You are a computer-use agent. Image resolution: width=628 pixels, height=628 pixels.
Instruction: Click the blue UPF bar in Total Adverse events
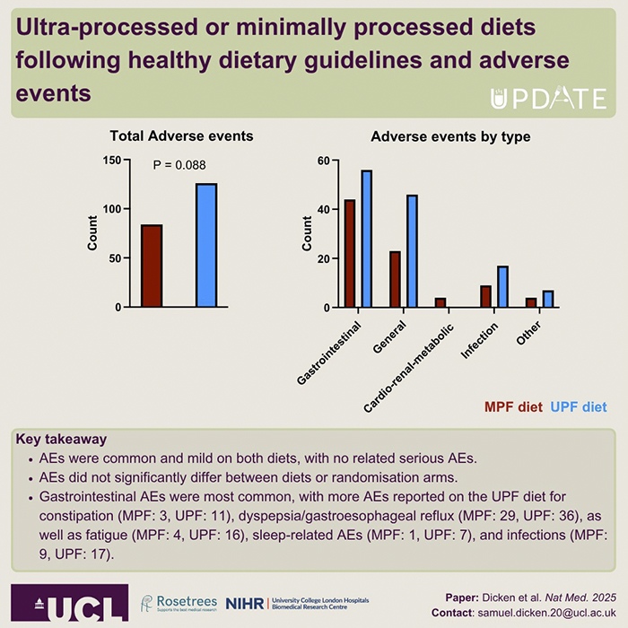(206, 245)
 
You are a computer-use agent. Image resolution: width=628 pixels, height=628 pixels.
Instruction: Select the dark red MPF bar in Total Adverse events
(152, 266)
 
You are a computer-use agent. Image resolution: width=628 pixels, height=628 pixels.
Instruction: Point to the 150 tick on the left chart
(110, 161)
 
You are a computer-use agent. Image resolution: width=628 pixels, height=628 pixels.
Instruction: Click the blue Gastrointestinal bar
(366, 239)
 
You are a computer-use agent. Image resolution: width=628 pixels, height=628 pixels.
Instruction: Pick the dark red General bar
(395, 279)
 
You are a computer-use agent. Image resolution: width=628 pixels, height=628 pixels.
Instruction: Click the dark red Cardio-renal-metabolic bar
(440, 302)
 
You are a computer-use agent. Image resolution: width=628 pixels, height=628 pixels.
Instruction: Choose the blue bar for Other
(547, 299)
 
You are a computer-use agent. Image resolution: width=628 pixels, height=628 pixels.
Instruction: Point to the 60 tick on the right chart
(322, 161)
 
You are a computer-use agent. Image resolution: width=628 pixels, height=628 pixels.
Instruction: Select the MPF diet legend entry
(513, 406)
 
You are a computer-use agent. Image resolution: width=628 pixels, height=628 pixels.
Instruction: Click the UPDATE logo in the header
(548, 98)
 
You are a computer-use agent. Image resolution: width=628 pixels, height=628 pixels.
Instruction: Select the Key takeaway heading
(60, 440)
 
